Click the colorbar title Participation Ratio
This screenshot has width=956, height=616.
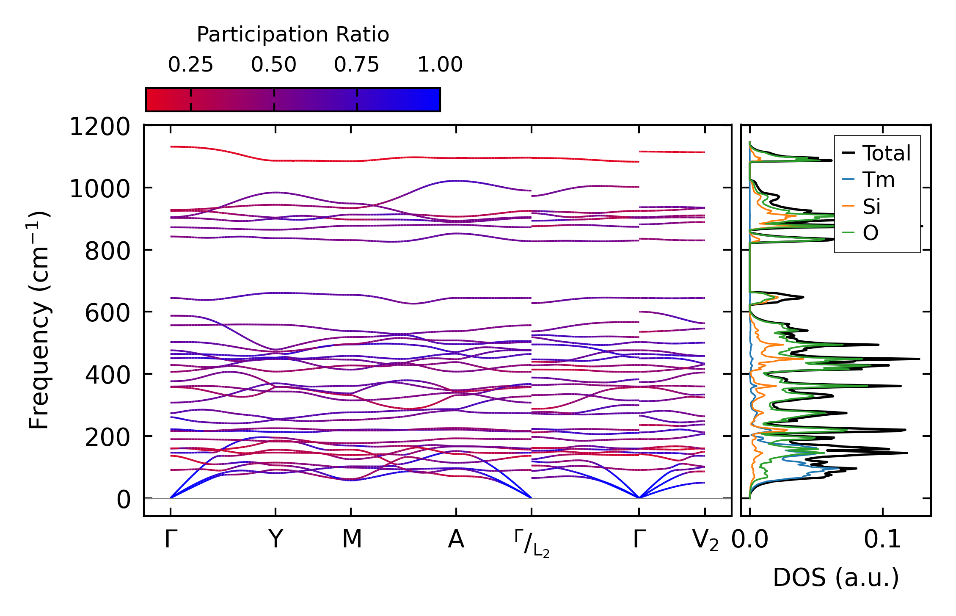[x=293, y=35]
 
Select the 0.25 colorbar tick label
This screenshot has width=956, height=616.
[x=190, y=65]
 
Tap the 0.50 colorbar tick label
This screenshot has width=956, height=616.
[x=273, y=65]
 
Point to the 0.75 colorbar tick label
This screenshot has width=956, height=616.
[x=356, y=65]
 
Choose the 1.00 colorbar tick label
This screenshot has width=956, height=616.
[x=440, y=65]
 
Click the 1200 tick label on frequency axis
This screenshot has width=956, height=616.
[x=100, y=127]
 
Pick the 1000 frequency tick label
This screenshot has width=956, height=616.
[x=100, y=189]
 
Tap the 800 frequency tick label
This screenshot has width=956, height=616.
[x=107, y=251]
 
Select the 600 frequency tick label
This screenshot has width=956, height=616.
[x=107, y=313]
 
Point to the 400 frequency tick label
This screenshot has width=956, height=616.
[x=107, y=375]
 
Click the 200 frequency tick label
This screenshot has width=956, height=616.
[x=107, y=437]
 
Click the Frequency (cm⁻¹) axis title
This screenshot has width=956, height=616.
[x=39, y=320]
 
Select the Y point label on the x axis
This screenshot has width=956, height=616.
[x=276, y=539]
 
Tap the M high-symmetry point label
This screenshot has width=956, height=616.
[x=352, y=539]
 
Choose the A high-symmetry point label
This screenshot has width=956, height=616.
[x=456, y=539]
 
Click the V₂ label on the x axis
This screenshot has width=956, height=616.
[x=705, y=541]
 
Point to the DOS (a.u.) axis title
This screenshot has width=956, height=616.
[x=836, y=577]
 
